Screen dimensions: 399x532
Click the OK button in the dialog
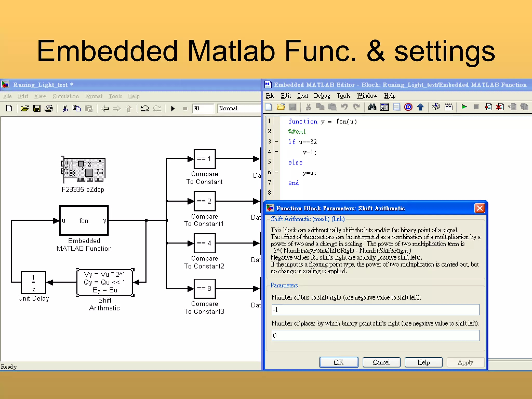click(338, 362)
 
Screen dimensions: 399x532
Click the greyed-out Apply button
click(465, 362)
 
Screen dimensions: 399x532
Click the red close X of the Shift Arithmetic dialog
click(480, 208)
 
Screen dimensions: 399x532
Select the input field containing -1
click(375, 310)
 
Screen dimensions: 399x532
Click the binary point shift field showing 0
click(375, 335)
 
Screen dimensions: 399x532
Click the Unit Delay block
click(34, 282)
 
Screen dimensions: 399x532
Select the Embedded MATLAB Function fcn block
click(84, 221)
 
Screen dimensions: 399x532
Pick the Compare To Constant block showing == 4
click(204, 243)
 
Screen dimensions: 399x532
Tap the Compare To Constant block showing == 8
click(204, 288)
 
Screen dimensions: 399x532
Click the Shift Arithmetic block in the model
click(105, 282)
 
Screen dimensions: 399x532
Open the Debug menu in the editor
click(322, 96)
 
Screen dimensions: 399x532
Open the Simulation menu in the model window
click(65, 96)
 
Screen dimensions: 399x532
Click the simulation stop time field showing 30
click(203, 108)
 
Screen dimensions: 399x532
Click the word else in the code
click(295, 162)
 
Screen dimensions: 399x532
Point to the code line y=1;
click(309, 152)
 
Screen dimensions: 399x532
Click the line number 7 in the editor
click(269, 182)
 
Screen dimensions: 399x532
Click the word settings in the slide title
click(444, 51)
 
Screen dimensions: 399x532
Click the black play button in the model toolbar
click(173, 108)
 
